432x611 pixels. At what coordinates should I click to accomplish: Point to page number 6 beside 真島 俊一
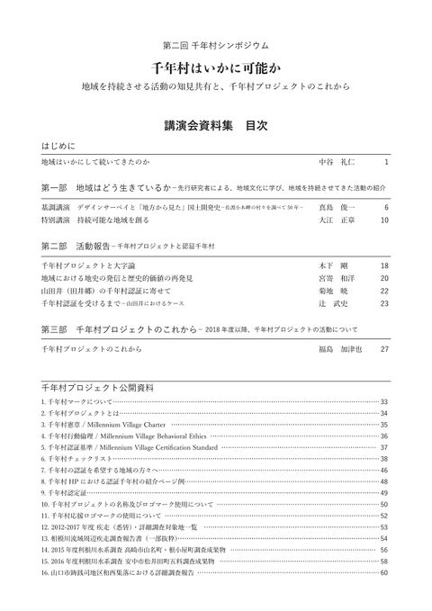point(386,207)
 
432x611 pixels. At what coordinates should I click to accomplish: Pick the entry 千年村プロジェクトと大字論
point(81,267)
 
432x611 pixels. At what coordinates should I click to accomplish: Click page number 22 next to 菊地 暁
point(384,292)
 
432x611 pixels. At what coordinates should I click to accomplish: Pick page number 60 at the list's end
point(384,572)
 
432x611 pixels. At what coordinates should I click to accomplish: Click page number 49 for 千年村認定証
point(384,493)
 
